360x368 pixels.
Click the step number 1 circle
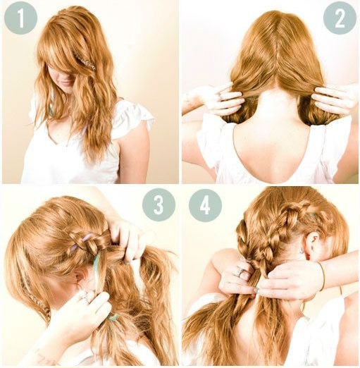pos(20,18)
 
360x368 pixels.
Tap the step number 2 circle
pos(340,18)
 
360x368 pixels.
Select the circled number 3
pos(159,204)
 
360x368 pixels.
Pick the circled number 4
pos(205,205)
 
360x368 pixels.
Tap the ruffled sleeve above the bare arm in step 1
pos(132,117)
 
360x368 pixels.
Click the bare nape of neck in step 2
pos(273,104)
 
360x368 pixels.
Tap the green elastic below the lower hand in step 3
pos(113,317)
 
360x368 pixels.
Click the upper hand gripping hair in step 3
pos(127,238)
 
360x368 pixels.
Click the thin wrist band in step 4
pos(323,277)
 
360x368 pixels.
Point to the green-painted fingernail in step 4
pos(256,290)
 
